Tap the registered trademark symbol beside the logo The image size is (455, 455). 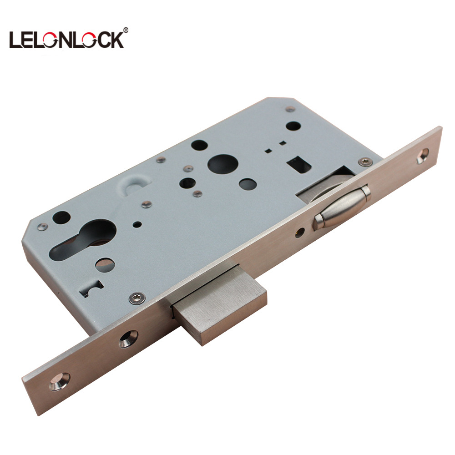click(126, 30)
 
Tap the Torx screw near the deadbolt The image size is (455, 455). click(136, 298)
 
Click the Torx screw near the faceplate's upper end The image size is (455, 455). click(365, 162)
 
